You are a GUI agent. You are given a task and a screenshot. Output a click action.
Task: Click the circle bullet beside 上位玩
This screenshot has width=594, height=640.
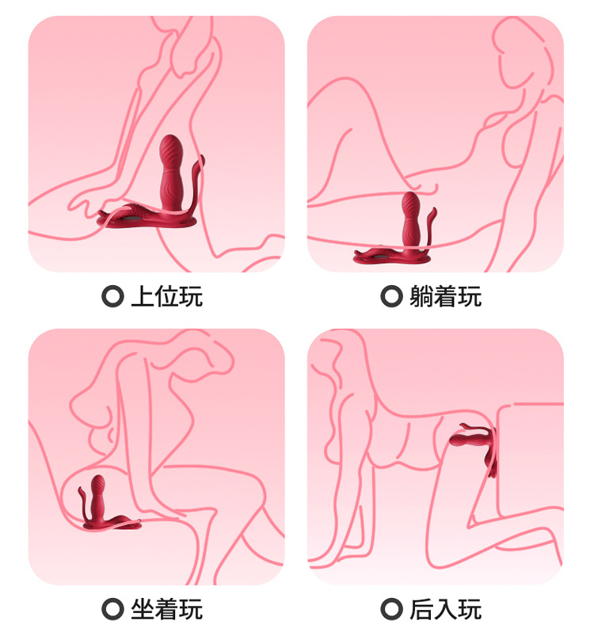pyautogui.click(x=112, y=297)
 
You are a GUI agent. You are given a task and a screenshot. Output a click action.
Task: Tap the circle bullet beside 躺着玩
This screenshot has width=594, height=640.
pyautogui.click(x=391, y=297)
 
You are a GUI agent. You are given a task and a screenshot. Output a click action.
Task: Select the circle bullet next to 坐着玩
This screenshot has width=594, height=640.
pyautogui.click(x=112, y=609)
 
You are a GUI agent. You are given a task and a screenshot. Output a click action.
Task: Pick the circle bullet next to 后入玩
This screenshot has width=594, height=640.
pyautogui.click(x=391, y=609)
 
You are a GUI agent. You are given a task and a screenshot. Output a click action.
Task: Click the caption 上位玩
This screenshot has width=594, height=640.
pyautogui.click(x=166, y=297)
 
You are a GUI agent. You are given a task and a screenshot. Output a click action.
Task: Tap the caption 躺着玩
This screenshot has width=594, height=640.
pyautogui.click(x=445, y=297)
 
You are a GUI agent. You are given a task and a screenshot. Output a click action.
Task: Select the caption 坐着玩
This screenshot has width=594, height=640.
pyautogui.click(x=166, y=609)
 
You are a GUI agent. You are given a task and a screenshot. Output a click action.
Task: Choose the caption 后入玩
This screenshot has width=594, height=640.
pyautogui.click(x=445, y=609)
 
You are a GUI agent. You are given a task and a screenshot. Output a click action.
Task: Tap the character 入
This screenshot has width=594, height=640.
pyautogui.click(x=445, y=609)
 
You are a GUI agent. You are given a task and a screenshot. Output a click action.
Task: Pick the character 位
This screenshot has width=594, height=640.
pyautogui.click(x=166, y=297)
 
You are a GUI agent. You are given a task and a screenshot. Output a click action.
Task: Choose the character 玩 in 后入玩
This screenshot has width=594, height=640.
pyautogui.click(x=470, y=609)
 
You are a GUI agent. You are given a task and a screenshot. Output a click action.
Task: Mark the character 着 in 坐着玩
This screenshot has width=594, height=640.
pyautogui.click(x=166, y=609)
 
